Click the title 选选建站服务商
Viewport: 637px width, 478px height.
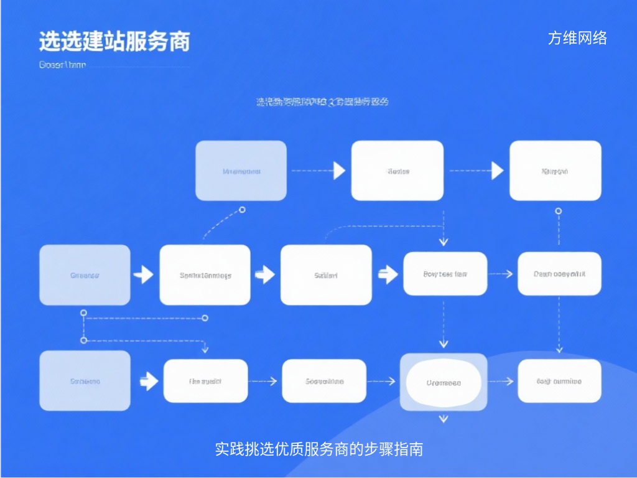[114, 41]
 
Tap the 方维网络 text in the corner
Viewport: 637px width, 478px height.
[577, 38]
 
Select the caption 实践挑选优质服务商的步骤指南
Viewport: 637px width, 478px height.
[318, 449]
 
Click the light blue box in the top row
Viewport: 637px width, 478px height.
[241, 171]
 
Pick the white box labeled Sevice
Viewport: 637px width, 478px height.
[398, 171]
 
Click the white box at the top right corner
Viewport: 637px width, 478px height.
[556, 171]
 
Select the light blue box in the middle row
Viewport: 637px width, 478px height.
[85, 274]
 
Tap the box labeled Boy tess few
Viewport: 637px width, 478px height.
[445, 274]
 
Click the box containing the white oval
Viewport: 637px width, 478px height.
[444, 382]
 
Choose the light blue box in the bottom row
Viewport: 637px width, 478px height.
[85, 380]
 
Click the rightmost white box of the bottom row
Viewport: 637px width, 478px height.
[559, 381]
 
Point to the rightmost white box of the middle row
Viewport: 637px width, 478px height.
[559, 274]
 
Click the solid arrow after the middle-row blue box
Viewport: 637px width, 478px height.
[144, 274]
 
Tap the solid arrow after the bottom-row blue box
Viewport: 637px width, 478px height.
[149, 381]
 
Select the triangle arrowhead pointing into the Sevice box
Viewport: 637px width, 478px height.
[339, 171]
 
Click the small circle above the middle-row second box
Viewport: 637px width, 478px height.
[242, 210]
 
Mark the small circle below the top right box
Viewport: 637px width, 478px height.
[558, 211]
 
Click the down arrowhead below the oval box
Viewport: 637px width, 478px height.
[444, 419]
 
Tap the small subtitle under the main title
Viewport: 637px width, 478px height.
[62, 65]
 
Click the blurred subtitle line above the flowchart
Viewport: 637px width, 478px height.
[322, 101]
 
